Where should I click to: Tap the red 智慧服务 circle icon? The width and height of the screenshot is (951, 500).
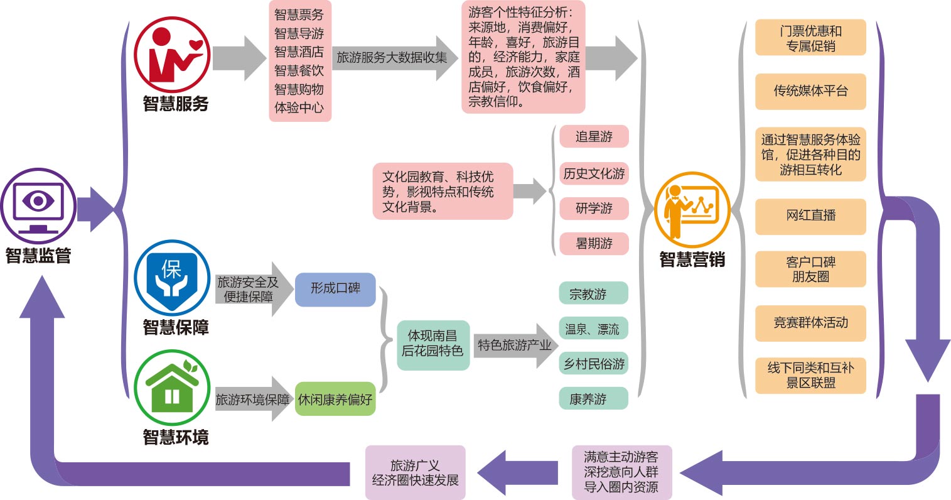172,55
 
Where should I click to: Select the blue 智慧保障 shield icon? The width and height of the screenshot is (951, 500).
172,278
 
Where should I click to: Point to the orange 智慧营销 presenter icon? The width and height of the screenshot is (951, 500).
692,209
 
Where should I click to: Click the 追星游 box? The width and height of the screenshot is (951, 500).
593,137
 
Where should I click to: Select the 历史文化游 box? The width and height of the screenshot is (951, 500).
593,173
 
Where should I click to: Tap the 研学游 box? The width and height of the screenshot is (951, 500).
593,209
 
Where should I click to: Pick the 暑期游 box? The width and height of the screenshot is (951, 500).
593,243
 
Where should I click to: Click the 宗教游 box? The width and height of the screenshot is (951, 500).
593,294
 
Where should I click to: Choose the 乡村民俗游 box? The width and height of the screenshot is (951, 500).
593,364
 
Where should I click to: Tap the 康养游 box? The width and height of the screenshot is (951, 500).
593,399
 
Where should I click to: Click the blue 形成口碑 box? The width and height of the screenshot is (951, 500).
335,289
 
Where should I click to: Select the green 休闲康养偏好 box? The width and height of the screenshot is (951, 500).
335,399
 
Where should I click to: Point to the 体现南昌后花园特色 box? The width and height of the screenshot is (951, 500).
433,344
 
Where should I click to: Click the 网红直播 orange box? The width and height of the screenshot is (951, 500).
810,215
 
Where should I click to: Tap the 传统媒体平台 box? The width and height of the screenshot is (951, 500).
810,91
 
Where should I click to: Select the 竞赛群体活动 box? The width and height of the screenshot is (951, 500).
810,323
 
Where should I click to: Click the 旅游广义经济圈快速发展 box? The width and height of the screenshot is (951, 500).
415,473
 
